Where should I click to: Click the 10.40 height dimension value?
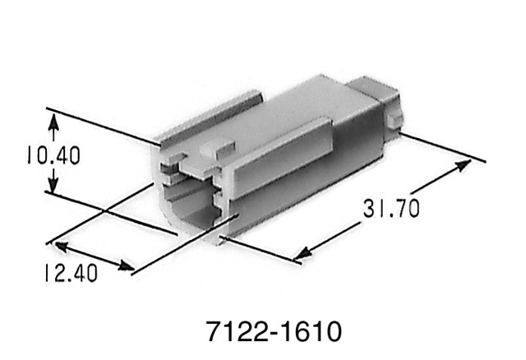[53, 155]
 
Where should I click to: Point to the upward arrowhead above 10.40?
[54, 121]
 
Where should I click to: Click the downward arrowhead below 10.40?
[54, 188]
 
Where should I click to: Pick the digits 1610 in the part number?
[310, 333]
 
